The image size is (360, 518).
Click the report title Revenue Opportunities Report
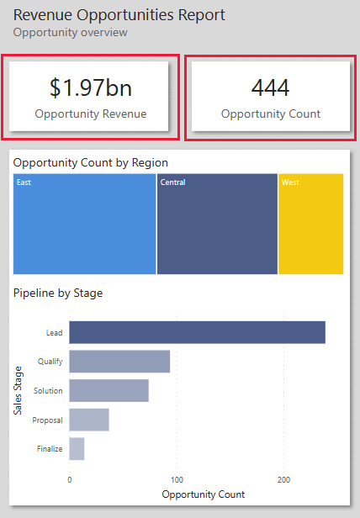[119, 15]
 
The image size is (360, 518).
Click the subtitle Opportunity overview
[71, 32]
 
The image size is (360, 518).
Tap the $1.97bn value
[91, 87]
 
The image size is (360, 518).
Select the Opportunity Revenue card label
[91, 114]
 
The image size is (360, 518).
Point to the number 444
[270, 87]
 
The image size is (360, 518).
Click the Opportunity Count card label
[270, 114]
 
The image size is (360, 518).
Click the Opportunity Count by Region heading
[91, 162]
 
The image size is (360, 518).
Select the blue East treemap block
[85, 224]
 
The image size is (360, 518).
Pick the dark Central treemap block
[217, 224]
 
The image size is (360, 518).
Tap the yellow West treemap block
[310, 224]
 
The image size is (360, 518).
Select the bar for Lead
[197, 332]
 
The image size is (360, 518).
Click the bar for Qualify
[119, 362]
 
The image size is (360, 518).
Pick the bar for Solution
[109, 390]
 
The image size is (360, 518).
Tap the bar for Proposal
[89, 420]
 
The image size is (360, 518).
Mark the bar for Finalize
[77, 449]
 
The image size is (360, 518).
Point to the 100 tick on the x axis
[176, 479]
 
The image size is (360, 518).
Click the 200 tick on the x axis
[283, 479]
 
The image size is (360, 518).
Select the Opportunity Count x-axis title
[203, 494]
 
